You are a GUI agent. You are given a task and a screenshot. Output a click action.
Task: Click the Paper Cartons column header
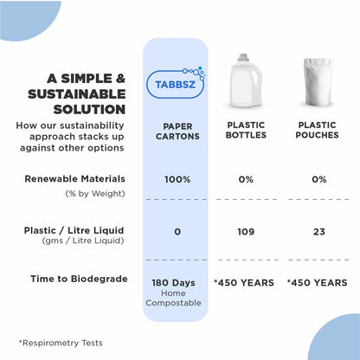(x=177, y=131)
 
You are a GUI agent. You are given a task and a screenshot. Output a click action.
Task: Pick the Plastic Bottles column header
(x=244, y=131)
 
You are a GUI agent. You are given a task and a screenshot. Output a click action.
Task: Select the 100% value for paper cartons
(x=177, y=179)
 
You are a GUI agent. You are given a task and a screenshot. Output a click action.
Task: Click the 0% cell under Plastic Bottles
(x=244, y=179)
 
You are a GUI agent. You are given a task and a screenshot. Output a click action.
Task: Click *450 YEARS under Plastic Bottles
(x=243, y=282)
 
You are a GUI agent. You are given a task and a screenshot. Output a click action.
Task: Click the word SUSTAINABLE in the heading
(x=77, y=93)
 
